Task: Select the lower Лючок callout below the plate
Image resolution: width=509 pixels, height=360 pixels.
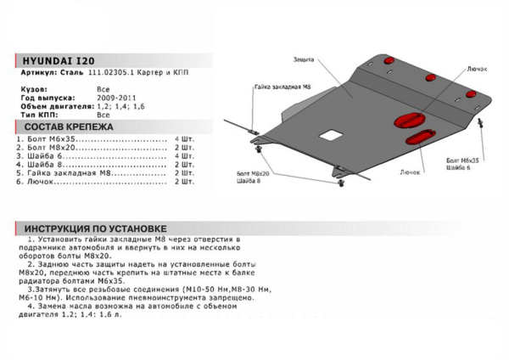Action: (411, 171)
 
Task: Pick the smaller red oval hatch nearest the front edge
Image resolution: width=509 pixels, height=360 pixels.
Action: (419, 138)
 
